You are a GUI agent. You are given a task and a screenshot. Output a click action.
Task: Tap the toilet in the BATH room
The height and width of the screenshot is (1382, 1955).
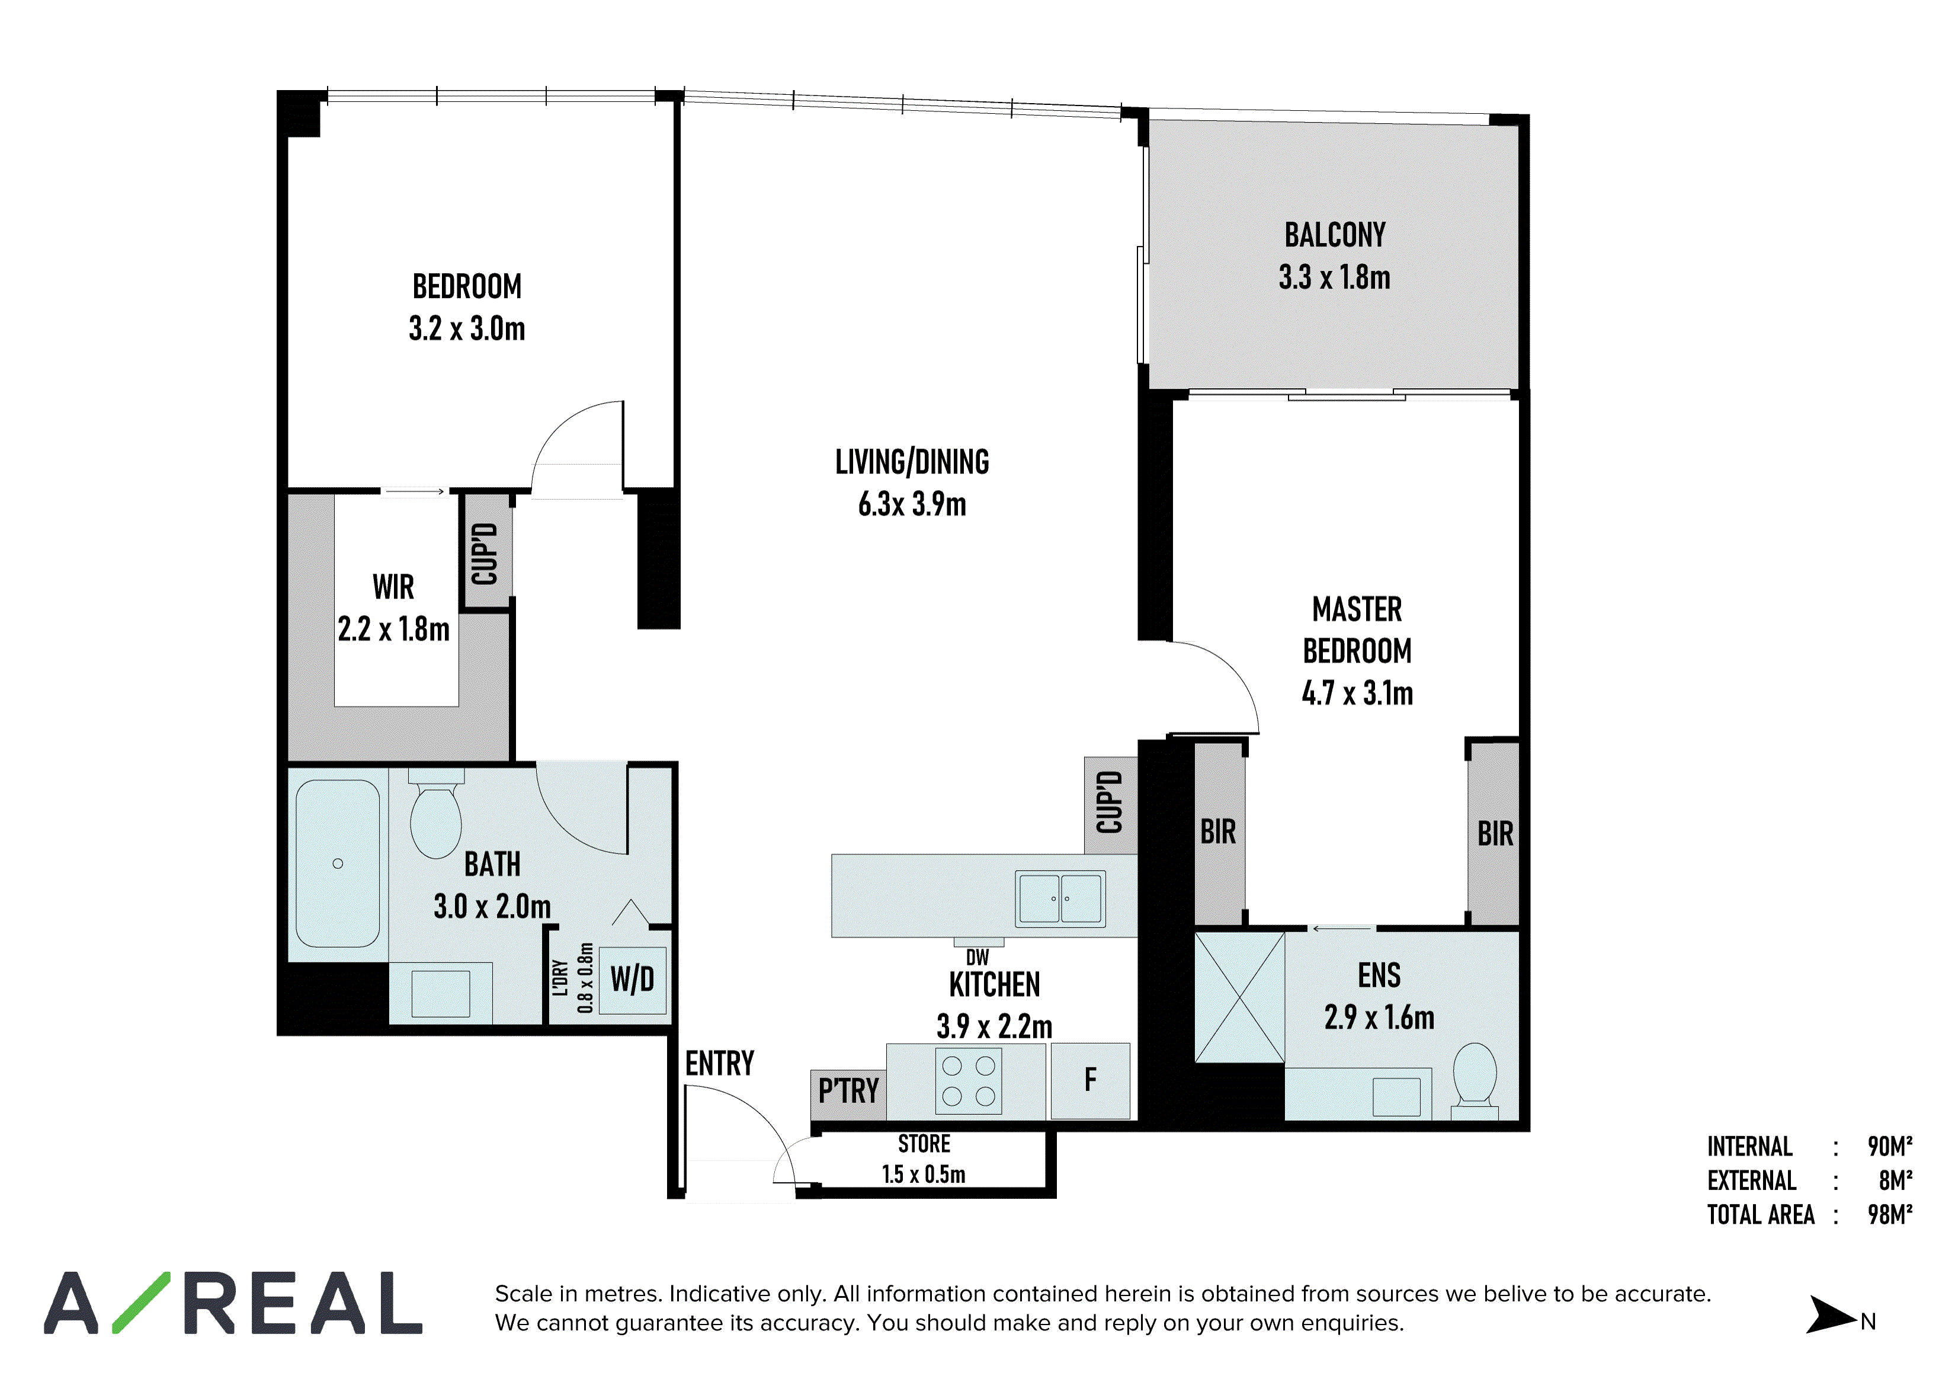[x=436, y=815]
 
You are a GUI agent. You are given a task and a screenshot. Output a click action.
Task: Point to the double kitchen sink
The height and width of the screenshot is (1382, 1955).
[x=1060, y=898]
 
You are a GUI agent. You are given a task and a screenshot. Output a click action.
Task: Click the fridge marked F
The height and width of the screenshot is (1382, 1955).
[x=1091, y=1080]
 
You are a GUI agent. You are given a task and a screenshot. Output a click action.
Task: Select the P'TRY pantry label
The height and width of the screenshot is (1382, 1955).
[x=848, y=1091]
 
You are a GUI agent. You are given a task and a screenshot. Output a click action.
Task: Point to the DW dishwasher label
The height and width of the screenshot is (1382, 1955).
[x=977, y=958]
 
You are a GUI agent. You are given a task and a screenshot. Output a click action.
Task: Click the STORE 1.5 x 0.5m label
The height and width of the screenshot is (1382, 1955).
[x=924, y=1159]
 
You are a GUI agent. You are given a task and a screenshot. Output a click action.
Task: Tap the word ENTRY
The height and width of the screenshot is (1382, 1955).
[x=720, y=1064]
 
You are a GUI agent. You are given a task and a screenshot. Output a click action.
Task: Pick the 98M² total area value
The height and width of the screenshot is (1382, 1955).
[x=1890, y=1214]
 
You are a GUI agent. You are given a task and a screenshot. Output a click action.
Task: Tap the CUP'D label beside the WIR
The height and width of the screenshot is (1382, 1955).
[x=485, y=554]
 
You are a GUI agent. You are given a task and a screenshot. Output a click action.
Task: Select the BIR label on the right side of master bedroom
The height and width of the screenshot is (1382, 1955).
[x=1495, y=834]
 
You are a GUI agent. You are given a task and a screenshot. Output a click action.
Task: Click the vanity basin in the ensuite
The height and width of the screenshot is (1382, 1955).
[x=1396, y=1097]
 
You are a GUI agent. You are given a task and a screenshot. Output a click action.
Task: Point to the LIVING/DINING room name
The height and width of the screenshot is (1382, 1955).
[x=912, y=462]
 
